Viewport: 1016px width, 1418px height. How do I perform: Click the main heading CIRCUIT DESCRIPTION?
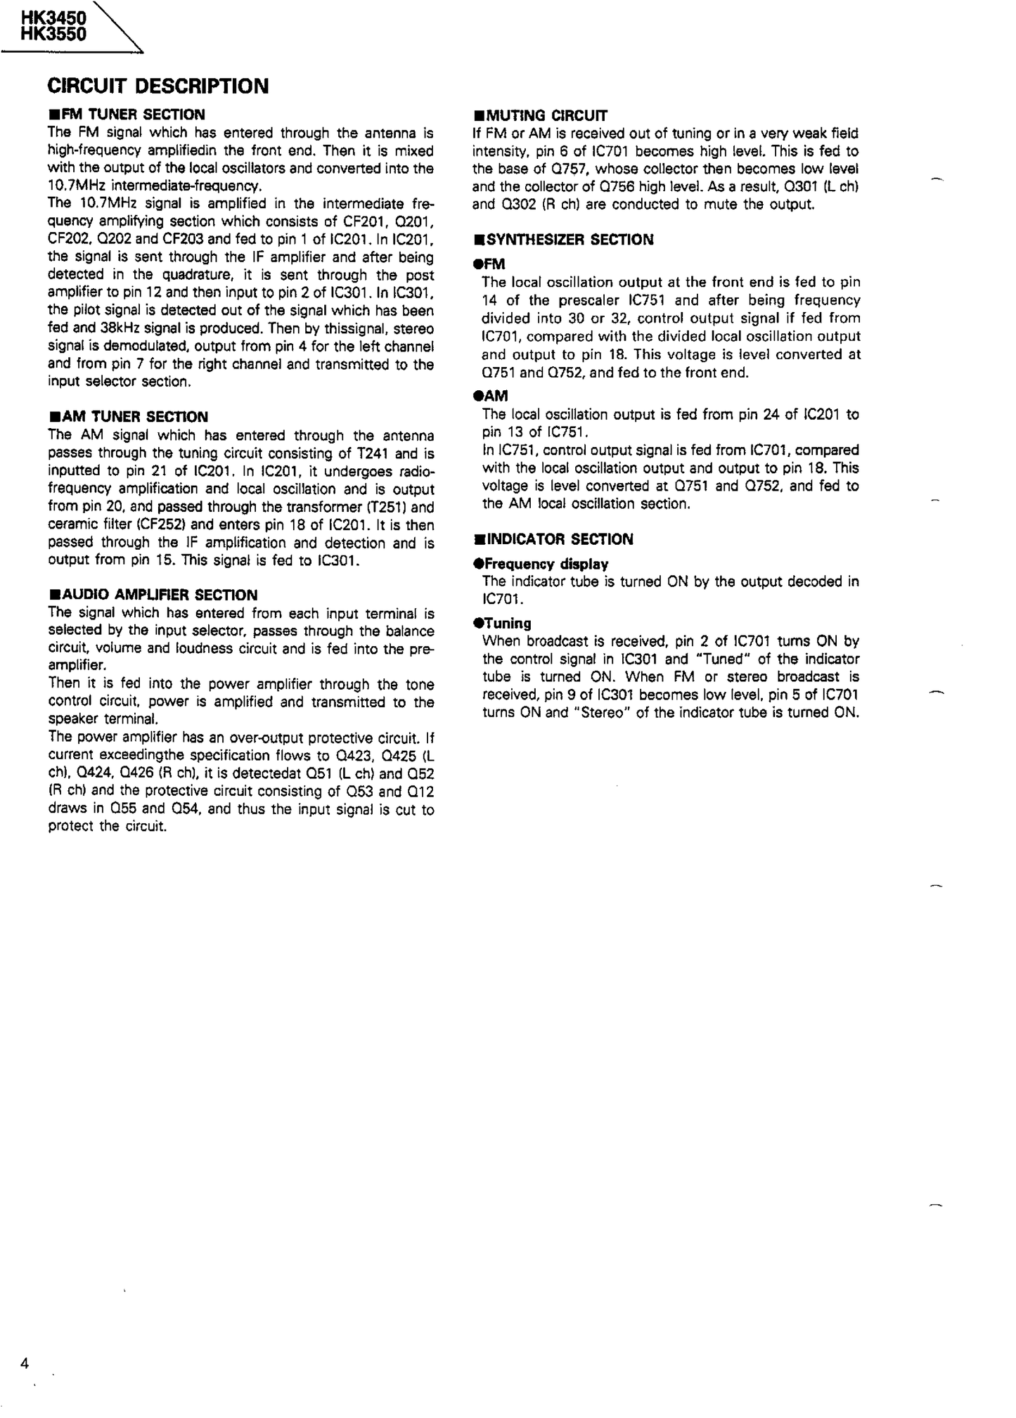157,86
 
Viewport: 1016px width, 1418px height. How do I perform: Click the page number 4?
25,1363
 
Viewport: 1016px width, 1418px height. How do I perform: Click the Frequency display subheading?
546,564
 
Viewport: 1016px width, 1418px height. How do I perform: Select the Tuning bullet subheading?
507,623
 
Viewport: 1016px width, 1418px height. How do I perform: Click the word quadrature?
194,275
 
